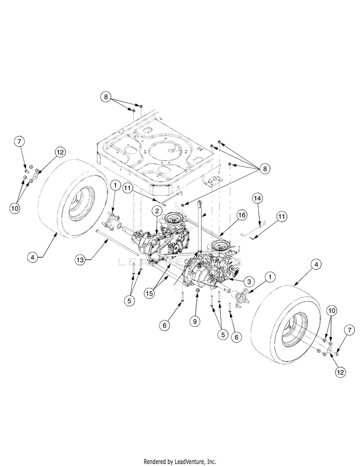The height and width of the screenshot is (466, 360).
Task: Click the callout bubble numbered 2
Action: (157, 211)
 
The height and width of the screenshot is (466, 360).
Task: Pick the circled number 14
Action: (257, 198)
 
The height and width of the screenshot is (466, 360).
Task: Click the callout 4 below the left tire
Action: (33, 257)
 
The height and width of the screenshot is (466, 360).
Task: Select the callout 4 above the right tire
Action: (315, 263)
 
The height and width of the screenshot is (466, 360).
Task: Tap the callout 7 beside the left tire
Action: (19, 142)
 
